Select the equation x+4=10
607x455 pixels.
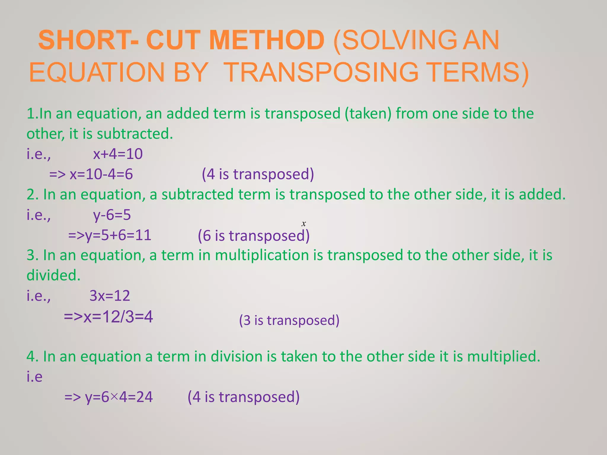118,154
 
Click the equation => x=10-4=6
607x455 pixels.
91,174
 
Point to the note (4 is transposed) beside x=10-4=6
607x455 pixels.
258,174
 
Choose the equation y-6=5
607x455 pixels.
112,215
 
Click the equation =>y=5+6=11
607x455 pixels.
110,235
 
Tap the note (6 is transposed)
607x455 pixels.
253,236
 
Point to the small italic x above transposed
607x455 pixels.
303,224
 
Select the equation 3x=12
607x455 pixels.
110,296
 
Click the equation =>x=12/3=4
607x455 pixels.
108,317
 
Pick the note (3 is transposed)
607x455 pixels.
289,320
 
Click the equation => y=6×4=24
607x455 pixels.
108,397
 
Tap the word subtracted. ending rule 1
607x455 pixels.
135,134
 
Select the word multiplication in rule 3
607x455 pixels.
262,255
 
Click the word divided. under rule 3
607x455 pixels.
53,275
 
